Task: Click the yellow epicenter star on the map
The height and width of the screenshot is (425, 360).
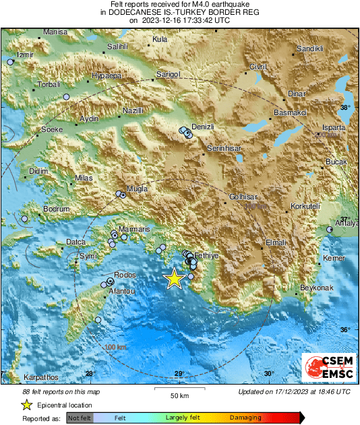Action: click(175, 278)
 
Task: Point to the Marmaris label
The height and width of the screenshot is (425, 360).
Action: click(136, 230)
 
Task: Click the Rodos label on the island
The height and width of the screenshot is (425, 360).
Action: click(126, 275)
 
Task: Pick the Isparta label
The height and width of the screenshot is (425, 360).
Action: click(334, 127)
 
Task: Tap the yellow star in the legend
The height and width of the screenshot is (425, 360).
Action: click(26, 405)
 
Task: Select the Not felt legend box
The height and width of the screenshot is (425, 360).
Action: click(80, 418)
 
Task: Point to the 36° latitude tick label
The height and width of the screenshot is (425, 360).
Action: click(345, 329)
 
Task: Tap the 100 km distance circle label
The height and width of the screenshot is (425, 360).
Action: click(117, 347)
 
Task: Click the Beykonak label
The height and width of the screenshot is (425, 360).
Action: click(317, 288)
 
